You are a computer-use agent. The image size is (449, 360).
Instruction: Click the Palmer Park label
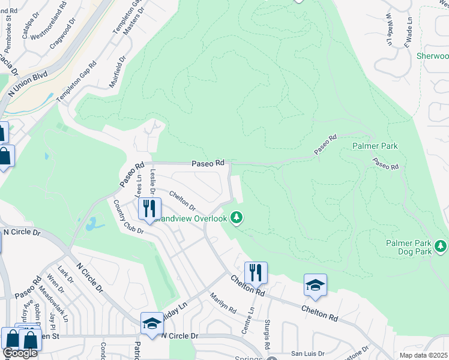tap(375, 146)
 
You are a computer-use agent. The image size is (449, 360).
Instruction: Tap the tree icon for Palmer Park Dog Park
tap(441, 246)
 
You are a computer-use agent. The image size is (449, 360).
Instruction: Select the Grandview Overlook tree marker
tap(237, 217)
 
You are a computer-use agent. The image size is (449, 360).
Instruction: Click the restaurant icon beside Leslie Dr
tap(149, 208)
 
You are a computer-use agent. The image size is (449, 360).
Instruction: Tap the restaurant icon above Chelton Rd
tap(256, 272)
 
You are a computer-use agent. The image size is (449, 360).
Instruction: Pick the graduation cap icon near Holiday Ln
tap(152, 323)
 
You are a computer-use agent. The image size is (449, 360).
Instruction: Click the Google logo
tap(20, 353)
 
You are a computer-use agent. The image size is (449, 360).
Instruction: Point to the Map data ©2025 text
tap(423, 355)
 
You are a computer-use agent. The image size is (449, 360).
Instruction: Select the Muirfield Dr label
tap(117, 72)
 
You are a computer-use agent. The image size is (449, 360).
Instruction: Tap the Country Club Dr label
tap(128, 217)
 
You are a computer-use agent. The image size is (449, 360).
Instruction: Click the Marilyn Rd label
tap(223, 302)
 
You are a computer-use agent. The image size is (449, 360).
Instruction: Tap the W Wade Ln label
tap(388, 29)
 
